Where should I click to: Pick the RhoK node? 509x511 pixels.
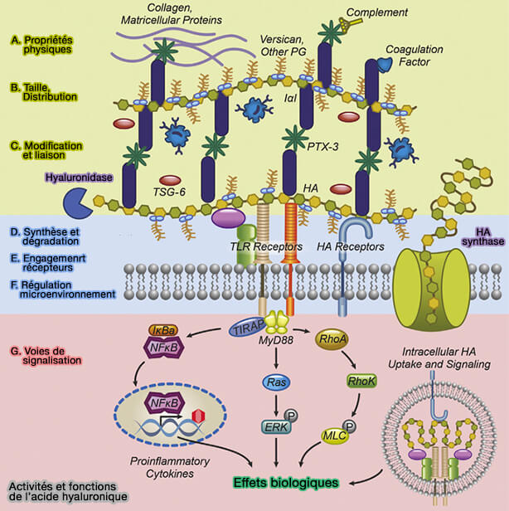tap(361, 381)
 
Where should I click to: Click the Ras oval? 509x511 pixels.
tap(275, 382)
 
